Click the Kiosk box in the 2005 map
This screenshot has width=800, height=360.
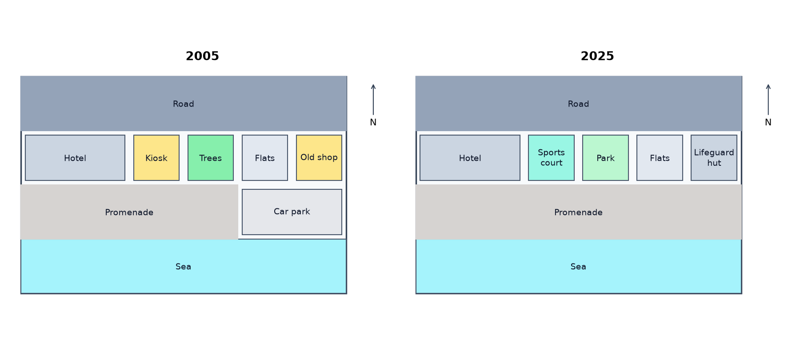(x=156, y=158)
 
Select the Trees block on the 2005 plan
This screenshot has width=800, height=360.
(x=211, y=158)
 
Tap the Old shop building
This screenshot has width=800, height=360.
(x=319, y=158)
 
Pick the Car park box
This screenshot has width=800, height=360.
(x=292, y=212)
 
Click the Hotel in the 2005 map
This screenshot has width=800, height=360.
(x=75, y=158)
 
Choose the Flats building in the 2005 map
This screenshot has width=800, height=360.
(x=265, y=158)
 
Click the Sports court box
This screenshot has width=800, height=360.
(x=551, y=158)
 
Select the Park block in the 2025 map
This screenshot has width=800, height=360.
(x=605, y=158)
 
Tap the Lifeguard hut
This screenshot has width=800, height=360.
(x=714, y=158)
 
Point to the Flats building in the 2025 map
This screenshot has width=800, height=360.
(x=660, y=158)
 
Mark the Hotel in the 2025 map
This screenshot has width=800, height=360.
(x=470, y=158)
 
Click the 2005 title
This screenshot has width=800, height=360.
(x=202, y=56)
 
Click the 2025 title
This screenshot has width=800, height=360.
(x=597, y=56)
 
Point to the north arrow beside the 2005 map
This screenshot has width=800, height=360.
(x=373, y=100)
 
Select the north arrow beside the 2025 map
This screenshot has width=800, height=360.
(x=768, y=100)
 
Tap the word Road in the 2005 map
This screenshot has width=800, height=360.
(x=184, y=104)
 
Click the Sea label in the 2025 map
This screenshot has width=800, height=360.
(x=578, y=267)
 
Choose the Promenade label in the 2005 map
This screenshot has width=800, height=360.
(x=129, y=212)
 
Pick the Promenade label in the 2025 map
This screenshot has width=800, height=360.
(x=578, y=212)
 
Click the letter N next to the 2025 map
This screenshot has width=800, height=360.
(x=768, y=122)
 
